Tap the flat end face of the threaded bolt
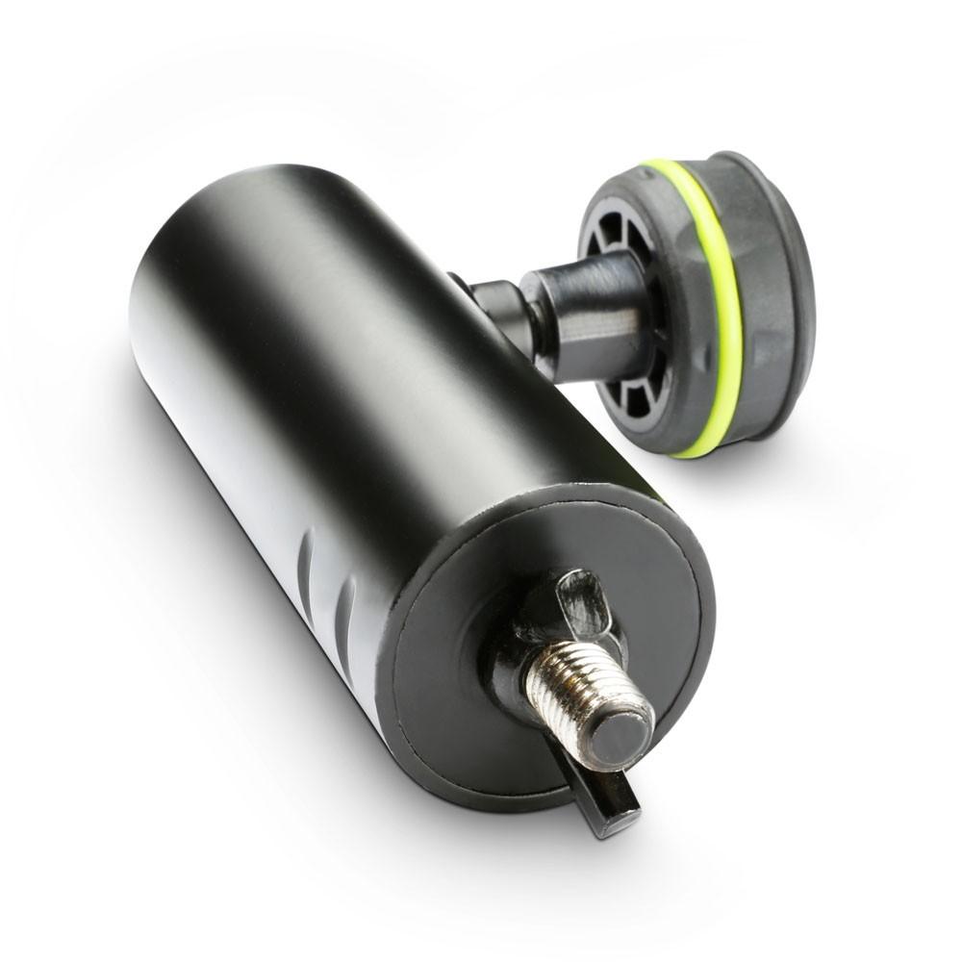[x=620, y=736]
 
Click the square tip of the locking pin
[x=617, y=818]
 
